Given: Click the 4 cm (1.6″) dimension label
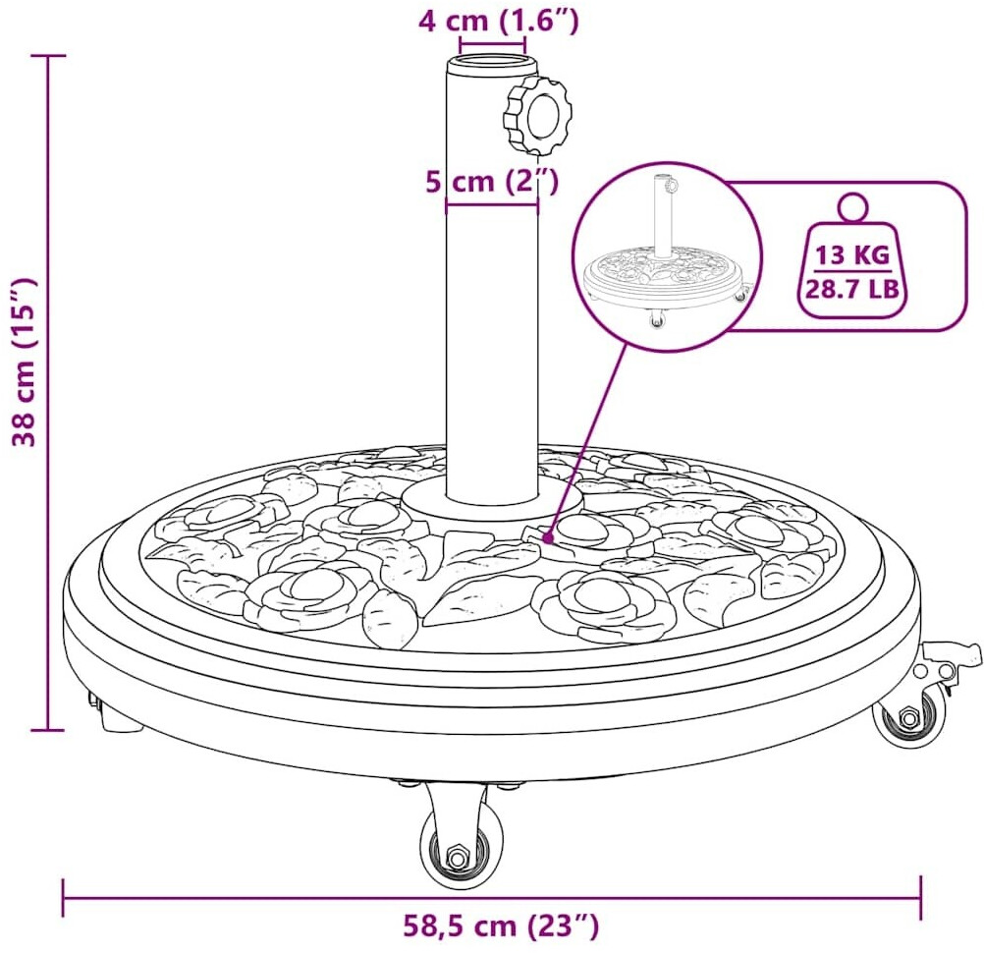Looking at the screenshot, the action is coord(498,21).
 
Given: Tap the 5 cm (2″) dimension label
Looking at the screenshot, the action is coord(491,182).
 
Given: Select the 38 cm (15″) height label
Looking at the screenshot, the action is coord(27,362).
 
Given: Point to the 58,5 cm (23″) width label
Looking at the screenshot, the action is coord(500,925).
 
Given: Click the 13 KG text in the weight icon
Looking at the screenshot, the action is coord(852,255).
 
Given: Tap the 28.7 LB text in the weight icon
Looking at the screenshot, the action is coord(852,290).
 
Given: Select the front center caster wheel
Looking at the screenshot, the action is coord(460,839).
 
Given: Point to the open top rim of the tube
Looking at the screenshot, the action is coord(492,64).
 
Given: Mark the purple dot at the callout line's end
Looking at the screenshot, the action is coord(548,538).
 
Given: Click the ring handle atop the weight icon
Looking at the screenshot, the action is coord(852,207).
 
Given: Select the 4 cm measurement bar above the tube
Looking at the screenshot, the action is coord(492,45).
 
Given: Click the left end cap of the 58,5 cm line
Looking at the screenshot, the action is coord(64,897).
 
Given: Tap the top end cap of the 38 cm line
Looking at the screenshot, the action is coord(48,56).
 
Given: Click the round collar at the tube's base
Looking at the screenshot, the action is coord(491,500).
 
